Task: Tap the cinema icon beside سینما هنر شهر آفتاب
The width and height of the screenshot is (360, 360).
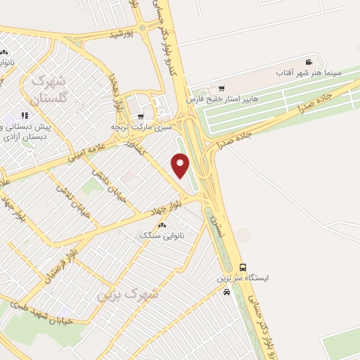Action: [x=309, y=63]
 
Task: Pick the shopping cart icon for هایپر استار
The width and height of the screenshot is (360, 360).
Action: [x=221, y=89]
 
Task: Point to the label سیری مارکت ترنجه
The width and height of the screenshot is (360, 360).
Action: [x=141, y=127]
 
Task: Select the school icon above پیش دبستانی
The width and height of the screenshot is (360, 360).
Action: [x=25, y=115]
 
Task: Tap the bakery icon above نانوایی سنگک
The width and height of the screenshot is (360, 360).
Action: [x=162, y=225]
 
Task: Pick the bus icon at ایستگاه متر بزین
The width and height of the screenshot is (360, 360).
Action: [x=243, y=267]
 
